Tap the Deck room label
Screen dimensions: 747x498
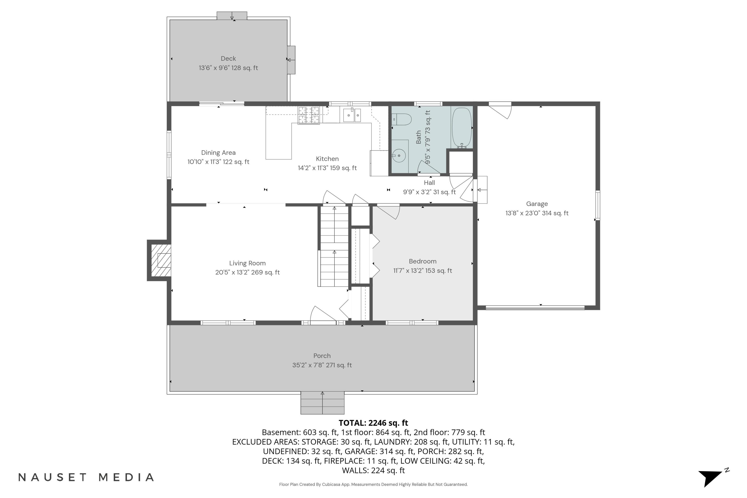pos(228,59)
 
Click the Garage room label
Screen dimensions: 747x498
pos(537,204)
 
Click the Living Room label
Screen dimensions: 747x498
pos(248,263)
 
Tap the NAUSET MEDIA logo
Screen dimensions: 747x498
pos(86,477)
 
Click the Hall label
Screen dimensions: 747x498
pos(429,183)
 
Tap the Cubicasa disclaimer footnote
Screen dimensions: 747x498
pos(373,484)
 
